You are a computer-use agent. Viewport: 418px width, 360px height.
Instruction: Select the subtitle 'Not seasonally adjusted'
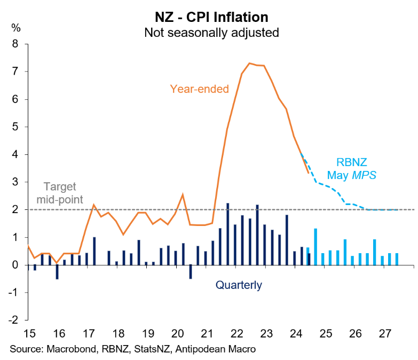(211, 32)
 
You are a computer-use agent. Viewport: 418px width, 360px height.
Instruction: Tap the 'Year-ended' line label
(199, 89)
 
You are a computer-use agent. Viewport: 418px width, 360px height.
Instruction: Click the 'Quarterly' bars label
(239, 285)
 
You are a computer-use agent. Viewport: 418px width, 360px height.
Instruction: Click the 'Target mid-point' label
(60, 193)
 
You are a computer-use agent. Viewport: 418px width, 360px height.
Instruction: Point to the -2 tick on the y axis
(14, 320)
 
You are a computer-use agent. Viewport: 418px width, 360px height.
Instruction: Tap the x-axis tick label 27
(383, 334)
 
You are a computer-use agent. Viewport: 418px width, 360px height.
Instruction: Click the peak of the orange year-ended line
(249, 63)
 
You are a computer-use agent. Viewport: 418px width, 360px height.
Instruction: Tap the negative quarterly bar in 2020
(191, 271)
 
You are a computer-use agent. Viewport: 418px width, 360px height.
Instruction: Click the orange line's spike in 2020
(183, 194)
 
